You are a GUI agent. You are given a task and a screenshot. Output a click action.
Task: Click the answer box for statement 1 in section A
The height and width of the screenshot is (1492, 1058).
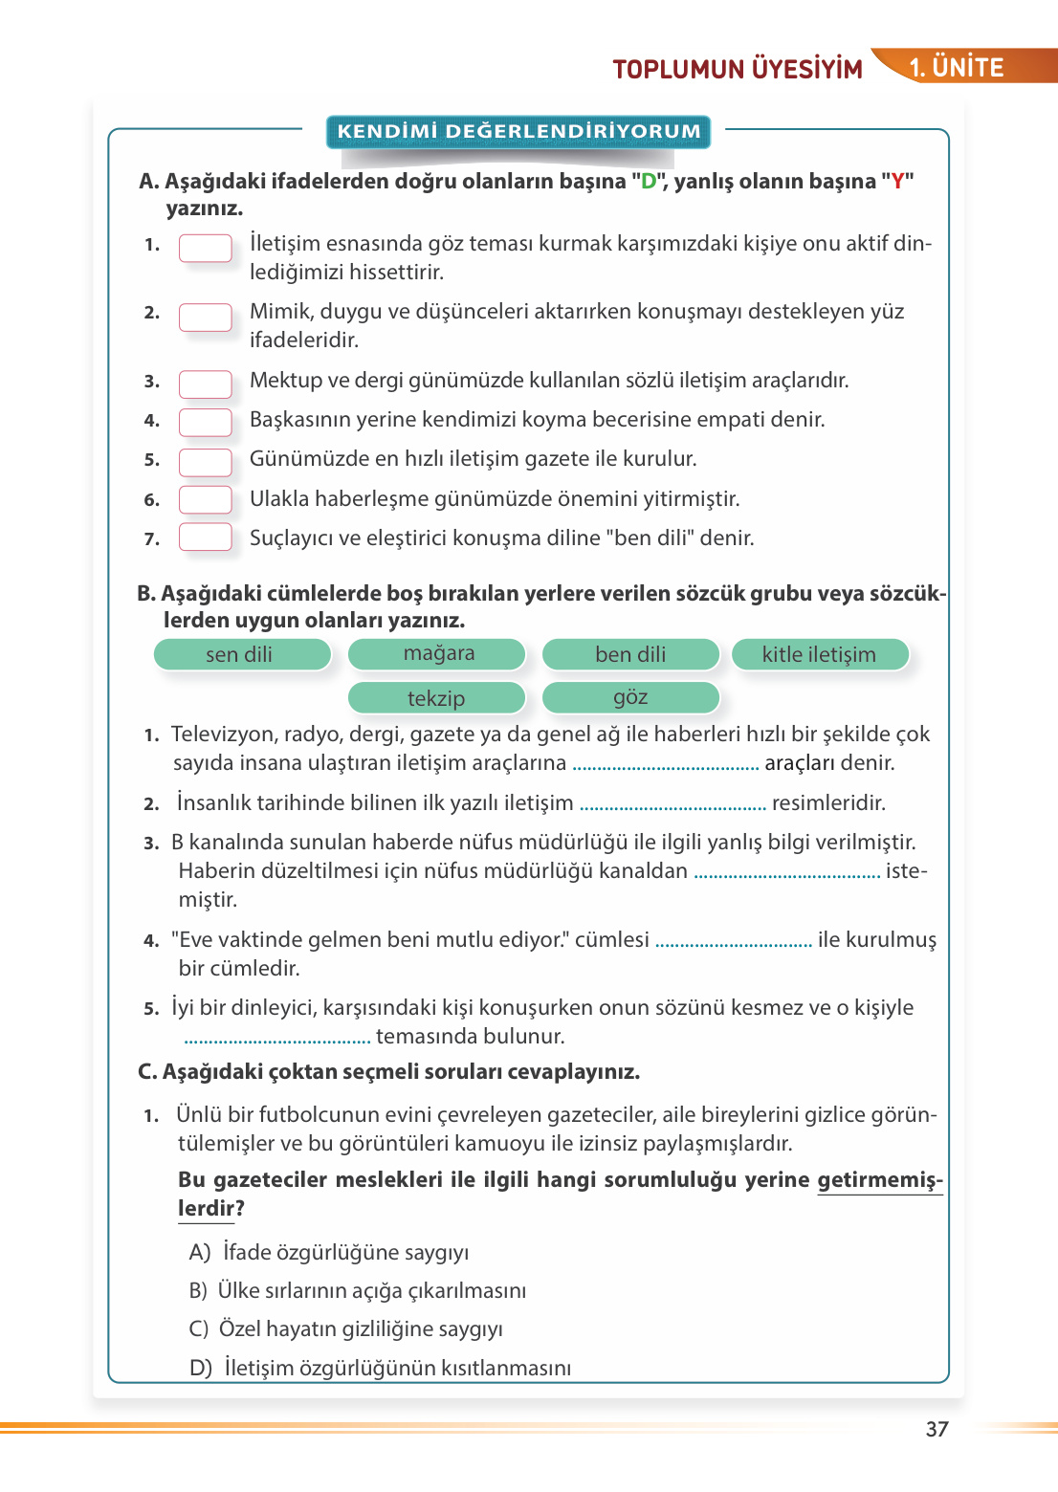coord(205,248)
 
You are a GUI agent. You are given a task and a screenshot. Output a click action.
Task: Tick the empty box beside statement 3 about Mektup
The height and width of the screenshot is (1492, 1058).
coord(205,384)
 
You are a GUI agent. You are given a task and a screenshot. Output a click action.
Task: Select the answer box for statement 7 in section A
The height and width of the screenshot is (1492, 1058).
coord(205,537)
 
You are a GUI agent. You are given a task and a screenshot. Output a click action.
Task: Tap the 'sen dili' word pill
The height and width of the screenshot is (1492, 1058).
coord(241,654)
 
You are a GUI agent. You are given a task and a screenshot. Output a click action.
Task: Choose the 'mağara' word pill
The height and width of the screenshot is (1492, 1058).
coord(437,654)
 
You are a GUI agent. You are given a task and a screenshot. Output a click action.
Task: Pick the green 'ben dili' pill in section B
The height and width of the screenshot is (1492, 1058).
coord(630,654)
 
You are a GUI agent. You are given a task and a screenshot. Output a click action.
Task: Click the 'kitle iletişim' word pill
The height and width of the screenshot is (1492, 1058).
coord(819,654)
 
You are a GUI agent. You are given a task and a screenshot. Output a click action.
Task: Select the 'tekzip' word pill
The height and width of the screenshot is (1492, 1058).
coord(437,697)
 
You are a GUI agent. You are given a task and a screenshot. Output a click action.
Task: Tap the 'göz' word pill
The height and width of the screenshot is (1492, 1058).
coord(630,697)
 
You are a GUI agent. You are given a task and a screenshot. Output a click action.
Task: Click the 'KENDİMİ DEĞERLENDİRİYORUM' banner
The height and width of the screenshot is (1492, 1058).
coord(518,131)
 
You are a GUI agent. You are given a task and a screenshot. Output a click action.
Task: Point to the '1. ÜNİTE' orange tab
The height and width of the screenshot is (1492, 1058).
coord(957,67)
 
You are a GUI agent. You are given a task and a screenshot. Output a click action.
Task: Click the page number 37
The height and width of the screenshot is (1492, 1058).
coord(937,1429)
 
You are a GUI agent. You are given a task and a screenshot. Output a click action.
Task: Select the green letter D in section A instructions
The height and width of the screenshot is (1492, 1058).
coord(649,181)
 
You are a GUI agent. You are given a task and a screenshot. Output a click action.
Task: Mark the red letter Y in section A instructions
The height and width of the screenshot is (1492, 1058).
coord(897,181)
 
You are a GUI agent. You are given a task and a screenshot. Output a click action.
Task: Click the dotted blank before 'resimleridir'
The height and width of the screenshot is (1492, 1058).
coord(672,804)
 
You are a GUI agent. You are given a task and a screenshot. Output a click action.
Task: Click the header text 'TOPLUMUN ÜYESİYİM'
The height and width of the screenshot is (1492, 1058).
coord(738,69)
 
